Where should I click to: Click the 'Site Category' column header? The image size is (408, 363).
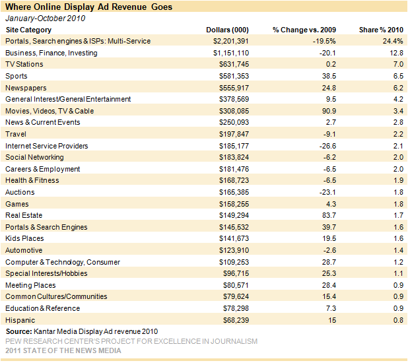[x=28, y=30]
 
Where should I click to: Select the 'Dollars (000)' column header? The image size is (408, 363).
[x=227, y=30]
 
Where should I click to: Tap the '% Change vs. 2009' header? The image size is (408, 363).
[x=304, y=30]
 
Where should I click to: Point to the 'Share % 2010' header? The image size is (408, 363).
[x=381, y=30]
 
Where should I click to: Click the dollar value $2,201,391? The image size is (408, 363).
[x=231, y=41]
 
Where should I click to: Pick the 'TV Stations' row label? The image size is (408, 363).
[x=24, y=64]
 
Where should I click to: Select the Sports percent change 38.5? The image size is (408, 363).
[x=329, y=76]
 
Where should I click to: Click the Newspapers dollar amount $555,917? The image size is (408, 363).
[x=234, y=88]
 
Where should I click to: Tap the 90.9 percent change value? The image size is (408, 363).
[x=329, y=111]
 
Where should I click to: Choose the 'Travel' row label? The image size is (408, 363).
[x=16, y=134]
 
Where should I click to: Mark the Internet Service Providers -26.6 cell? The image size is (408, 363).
[x=327, y=146]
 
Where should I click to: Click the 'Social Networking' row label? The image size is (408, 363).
[x=34, y=158]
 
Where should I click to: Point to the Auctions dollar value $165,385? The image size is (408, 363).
[x=234, y=192]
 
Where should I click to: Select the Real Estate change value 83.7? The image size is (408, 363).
[x=329, y=215]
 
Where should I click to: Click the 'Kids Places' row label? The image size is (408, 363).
[x=24, y=238]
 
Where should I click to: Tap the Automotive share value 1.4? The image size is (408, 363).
[x=398, y=250]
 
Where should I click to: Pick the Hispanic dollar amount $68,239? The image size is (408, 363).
[x=236, y=320]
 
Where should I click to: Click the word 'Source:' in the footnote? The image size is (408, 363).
[x=18, y=331]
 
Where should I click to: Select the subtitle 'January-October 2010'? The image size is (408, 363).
[x=46, y=18]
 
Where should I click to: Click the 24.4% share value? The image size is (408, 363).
[x=393, y=41]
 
